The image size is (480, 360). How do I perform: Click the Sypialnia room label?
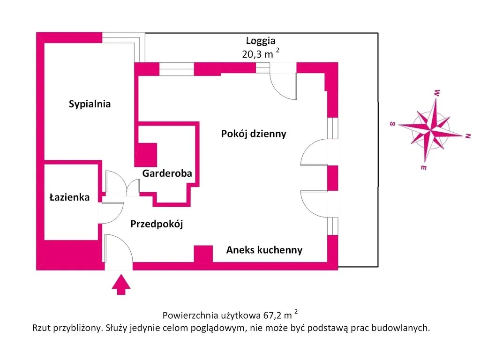pos(90,104)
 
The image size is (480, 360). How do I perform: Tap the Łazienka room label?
pos(69,197)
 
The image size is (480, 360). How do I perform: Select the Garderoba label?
pos(167,173)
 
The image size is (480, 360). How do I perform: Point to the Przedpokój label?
pos(157,224)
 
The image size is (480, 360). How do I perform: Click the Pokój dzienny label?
pos(254,134)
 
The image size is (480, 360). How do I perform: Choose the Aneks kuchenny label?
pos(264,250)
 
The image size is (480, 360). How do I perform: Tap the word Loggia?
pos(261,41)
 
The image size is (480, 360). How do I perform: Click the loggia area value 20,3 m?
pos(257,54)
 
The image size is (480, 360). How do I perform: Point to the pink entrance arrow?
pos(121,285)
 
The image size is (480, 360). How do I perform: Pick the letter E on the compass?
pos(423,167)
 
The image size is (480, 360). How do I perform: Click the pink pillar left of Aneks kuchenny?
pos(203,254)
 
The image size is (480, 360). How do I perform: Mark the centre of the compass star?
pos(430,129)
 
